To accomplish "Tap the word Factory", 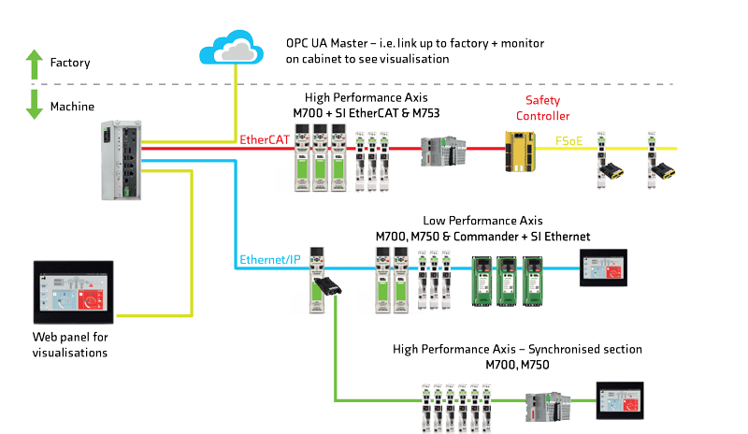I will click(x=70, y=64).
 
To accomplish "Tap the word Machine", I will click(x=72, y=107).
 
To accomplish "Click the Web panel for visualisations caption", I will click(x=70, y=344).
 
